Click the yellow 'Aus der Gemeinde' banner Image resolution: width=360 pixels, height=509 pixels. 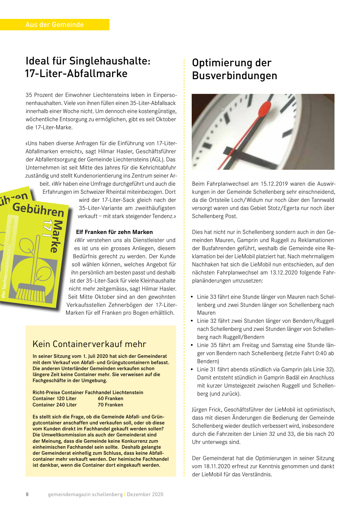pyautogui.click(x=55, y=25)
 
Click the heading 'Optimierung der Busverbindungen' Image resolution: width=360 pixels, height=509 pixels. pyautogui.click(x=234, y=69)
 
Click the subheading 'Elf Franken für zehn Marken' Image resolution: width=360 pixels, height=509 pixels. pyautogui.click(x=114, y=232)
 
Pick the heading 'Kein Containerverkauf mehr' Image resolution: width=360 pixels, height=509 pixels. pyautogui.click(x=89, y=344)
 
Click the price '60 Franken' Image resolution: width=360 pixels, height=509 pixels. pyautogui.click(x=110, y=398)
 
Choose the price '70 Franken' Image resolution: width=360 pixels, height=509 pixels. pyautogui.click(x=110, y=405)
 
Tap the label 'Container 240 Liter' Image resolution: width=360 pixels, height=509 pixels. pyautogui.click(x=55, y=405)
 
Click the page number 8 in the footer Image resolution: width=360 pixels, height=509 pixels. pyautogui.click(x=27, y=494)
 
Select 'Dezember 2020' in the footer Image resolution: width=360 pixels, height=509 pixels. pyautogui.click(x=145, y=494)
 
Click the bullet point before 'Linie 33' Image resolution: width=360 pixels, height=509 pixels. pyautogui.click(x=192, y=297)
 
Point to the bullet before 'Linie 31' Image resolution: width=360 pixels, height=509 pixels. pyautogui.click(x=192, y=370)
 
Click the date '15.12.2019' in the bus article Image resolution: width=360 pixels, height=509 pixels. pyautogui.click(x=274, y=184)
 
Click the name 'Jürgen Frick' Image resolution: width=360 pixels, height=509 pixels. pyautogui.click(x=206, y=410)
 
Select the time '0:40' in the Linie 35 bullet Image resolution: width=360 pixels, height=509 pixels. pyautogui.click(x=321, y=353)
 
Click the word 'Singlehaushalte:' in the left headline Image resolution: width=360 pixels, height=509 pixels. pyautogui.click(x=110, y=61)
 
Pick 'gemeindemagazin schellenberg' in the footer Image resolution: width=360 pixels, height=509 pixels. pyautogui.click(x=85, y=494)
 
